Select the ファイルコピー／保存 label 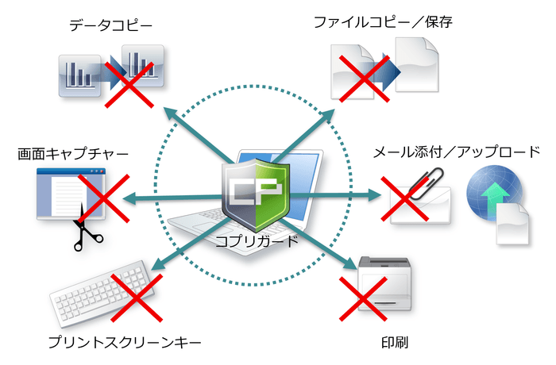[x=382, y=23]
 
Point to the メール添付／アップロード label [x=457, y=152]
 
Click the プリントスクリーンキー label [x=124, y=343]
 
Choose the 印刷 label [x=394, y=343]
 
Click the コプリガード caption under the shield [x=257, y=240]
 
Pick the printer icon [x=386, y=284]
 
